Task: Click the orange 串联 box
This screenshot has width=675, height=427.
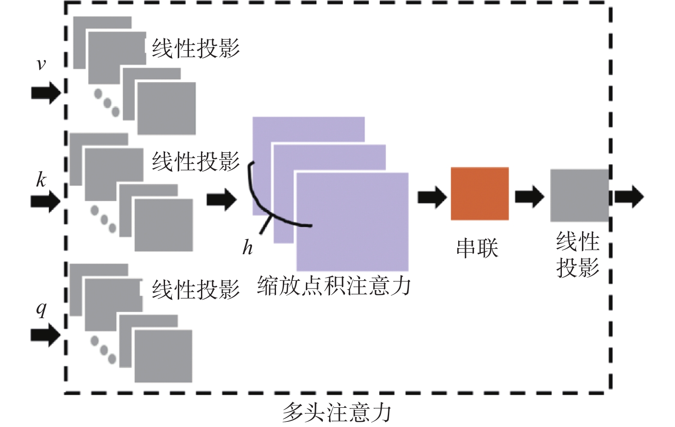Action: [x=480, y=194]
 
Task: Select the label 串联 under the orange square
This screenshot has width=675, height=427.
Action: [x=477, y=248]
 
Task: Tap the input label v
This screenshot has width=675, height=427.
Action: [x=41, y=64]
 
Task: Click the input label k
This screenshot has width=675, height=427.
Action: [x=41, y=180]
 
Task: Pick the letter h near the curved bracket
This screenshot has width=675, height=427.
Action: [x=247, y=248]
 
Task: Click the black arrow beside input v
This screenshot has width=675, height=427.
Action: [x=46, y=93]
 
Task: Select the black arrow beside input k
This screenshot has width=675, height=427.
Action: [x=46, y=201]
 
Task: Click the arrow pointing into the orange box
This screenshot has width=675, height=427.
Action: [x=432, y=198]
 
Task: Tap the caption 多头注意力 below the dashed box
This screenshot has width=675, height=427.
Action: [x=337, y=412]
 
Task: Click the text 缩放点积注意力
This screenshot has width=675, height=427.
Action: [x=334, y=286]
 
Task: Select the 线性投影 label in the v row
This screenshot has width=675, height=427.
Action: [x=196, y=48]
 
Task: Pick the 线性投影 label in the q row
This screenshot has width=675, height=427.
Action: [x=196, y=289]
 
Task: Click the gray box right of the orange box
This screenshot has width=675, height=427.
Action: [x=579, y=195]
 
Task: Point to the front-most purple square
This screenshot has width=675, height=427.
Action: [x=352, y=222]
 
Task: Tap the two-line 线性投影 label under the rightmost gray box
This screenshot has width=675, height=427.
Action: [x=577, y=254]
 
